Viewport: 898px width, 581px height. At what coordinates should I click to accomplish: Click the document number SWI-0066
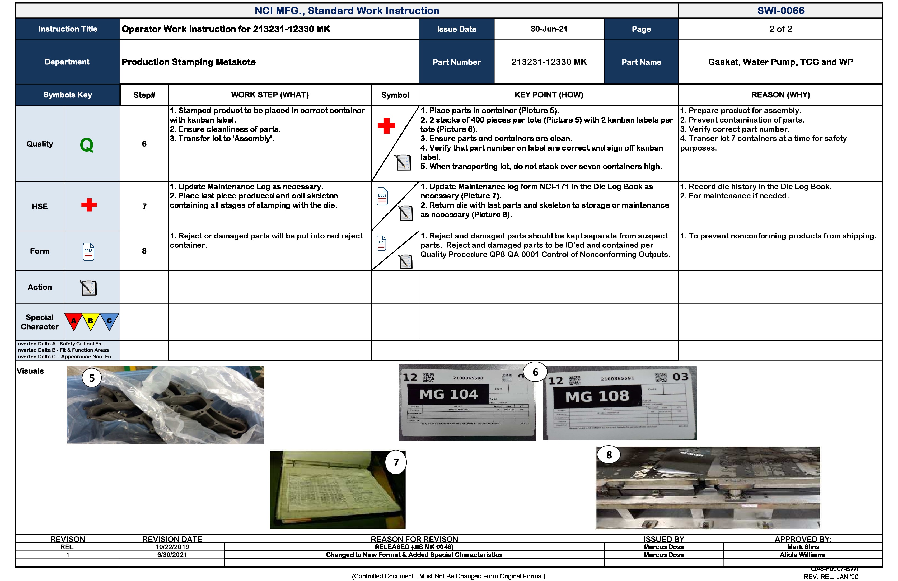pyautogui.click(x=780, y=11)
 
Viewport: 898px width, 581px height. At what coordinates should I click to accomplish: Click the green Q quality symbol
pyautogui.click(x=87, y=145)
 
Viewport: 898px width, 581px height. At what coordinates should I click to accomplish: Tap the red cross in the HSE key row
pyautogui.click(x=89, y=205)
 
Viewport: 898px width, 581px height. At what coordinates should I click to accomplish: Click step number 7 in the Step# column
pyautogui.click(x=144, y=206)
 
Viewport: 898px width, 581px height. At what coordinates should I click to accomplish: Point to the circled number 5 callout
pyautogui.click(x=92, y=378)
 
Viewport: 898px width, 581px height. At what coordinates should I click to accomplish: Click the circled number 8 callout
pyautogui.click(x=609, y=455)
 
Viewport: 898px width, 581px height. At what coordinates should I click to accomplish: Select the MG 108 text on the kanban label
pyautogui.click(x=597, y=396)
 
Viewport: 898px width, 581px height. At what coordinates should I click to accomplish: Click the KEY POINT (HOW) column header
pyautogui.click(x=549, y=95)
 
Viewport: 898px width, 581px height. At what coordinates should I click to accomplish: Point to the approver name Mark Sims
pyautogui.click(x=803, y=547)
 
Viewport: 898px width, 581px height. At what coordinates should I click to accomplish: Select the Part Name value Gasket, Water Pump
pyautogui.click(x=780, y=62)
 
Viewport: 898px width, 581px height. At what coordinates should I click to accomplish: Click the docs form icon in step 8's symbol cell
pyautogui.click(x=381, y=243)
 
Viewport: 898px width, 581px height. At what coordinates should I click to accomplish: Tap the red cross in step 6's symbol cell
pyautogui.click(x=386, y=126)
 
